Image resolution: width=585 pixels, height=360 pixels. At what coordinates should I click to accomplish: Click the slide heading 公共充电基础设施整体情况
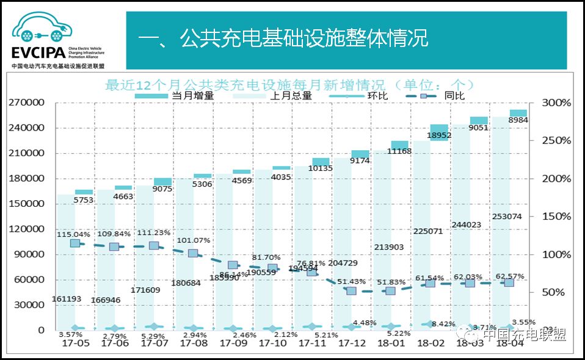tap(283, 40)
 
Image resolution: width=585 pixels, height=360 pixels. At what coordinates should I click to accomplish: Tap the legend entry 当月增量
tap(193, 96)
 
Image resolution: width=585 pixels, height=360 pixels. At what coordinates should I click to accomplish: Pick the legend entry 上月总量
tap(291, 96)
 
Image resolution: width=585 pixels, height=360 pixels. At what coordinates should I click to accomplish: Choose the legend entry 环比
tap(374, 96)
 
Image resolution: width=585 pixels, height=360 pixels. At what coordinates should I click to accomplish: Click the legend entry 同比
tap(454, 96)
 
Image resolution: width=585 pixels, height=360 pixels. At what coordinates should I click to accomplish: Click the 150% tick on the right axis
tap(557, 217)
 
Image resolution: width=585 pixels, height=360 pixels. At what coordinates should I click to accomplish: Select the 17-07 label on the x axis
tap(154, 344)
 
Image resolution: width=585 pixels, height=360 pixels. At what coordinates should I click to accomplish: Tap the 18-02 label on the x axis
tap(431, 344)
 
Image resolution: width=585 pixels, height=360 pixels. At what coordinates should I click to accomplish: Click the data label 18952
tap(439, 135)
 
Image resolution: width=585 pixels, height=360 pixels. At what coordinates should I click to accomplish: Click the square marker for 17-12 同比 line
tap(351, 291)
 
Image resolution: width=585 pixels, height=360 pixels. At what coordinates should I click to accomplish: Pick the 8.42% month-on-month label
tap(443, 323)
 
